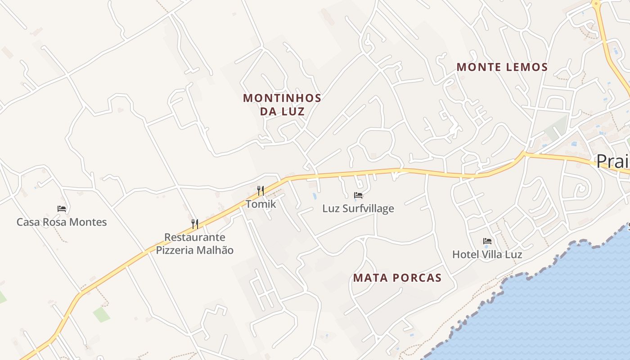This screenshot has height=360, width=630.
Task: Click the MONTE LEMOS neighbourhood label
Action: click(x=502, y=67)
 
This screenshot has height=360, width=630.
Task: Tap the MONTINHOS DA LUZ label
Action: click(x=282, y=104)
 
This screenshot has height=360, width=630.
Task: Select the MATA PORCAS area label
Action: click(x=397, y=278)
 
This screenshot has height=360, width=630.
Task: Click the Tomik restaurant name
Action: click(x=261, y=204)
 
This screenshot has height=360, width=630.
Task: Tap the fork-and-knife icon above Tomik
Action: click(x=261, y=191)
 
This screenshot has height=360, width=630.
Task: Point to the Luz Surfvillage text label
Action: click(x=358, y=208)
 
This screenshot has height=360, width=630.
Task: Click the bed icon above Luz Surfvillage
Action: click(x=358, y=195)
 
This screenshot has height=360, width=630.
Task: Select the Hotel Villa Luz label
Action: click(x=487, y=254)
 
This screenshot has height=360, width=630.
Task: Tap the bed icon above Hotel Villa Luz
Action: click(x=487, y=241)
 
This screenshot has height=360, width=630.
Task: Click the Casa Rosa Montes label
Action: click(x=62, y=222)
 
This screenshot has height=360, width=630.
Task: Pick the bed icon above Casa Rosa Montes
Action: click(x=62, y=208)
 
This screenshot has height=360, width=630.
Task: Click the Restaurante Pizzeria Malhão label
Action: click(x=195, y=243)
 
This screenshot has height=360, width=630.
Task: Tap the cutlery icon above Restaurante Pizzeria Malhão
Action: click(x=195, y=224)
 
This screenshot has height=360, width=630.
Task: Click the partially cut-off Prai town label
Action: click(x=613, y=161)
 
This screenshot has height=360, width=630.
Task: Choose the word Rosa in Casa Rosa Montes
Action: click(x=53, y=222)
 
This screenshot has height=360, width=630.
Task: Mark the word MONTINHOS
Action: click(x=282, y=98)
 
